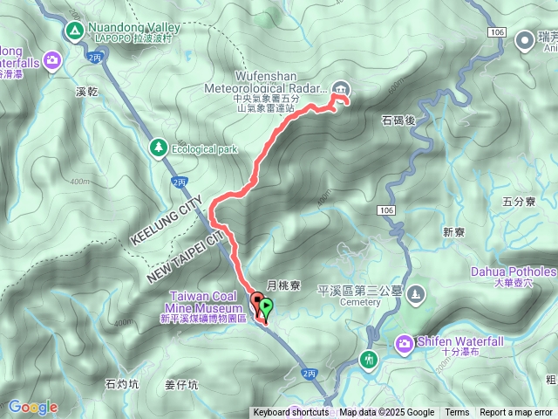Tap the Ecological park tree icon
click(158, 148)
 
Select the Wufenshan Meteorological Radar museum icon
click(340, 87)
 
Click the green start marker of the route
click(266, 306)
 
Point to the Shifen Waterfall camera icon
click(405, 344)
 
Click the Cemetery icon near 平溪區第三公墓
click(416, 292)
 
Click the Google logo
click(32, 407)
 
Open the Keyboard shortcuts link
click(291, 413)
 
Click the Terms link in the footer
click(457, 413)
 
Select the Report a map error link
click(517, 413)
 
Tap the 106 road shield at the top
click(497, 31)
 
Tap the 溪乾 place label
click(89, 90)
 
